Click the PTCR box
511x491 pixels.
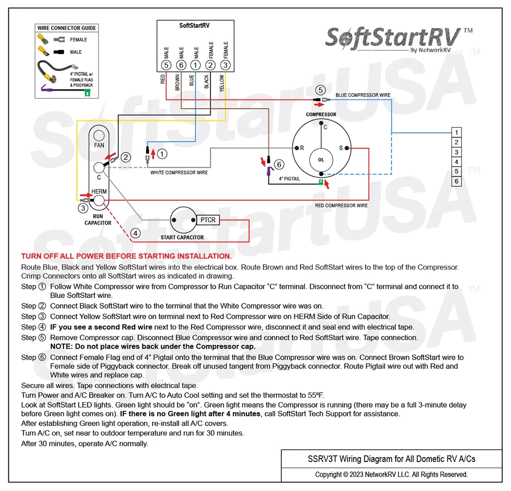point(208,220)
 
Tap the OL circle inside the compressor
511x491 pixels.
point(321,160)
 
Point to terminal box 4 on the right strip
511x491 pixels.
point(456,162)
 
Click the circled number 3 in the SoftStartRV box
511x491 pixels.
point(226,65)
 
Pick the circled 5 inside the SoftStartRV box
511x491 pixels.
point(166,65)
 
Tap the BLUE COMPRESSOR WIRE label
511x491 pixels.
point(363,95)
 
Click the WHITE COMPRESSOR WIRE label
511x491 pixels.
point(179,173)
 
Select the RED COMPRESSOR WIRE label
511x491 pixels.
point(341,205)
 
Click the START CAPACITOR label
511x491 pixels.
point(182,237)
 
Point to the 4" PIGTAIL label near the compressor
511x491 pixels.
point(289,179)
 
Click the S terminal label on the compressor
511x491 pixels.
point(341,148)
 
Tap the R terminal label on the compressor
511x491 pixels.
point(301,148)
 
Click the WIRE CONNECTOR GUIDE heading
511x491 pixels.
point(66,28)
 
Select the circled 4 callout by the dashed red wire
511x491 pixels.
point(135,233)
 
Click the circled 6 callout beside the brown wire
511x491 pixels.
point(279,164)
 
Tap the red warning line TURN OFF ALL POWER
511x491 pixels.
point(126,256)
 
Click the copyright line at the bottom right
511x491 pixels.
point(391,475)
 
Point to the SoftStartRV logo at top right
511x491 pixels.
point(394,38)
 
